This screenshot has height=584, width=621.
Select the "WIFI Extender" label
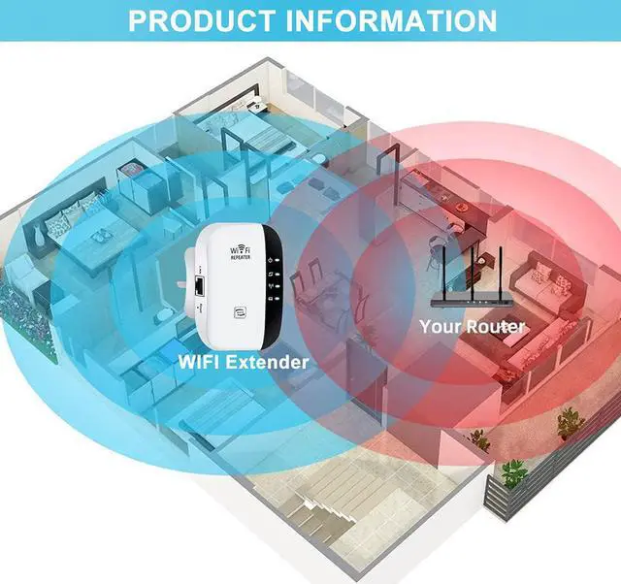(x=244, y=362)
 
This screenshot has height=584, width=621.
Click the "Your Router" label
(x=472, y=326)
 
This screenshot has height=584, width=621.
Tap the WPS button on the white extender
(x=241, y=312)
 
